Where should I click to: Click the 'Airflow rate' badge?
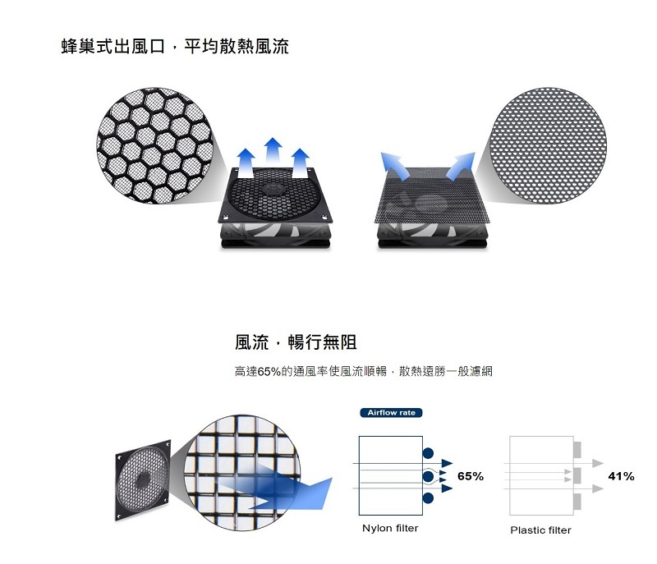point(391,412)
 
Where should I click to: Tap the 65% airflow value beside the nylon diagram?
point(471,476)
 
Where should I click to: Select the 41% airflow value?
point(621,476)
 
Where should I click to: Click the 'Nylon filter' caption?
point(390,528)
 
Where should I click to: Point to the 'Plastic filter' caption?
point(540,530)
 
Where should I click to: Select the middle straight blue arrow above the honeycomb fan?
point(273,154)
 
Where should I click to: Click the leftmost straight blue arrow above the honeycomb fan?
point(246,162)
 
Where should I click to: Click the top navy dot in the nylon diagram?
point(428,453)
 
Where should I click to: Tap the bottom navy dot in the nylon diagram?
point(428,498)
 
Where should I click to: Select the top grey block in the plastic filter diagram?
point(577,451)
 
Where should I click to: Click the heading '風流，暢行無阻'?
point(296,342)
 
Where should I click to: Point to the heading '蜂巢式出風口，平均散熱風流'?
point(175,47)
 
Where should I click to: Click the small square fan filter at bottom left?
point(143,484)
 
